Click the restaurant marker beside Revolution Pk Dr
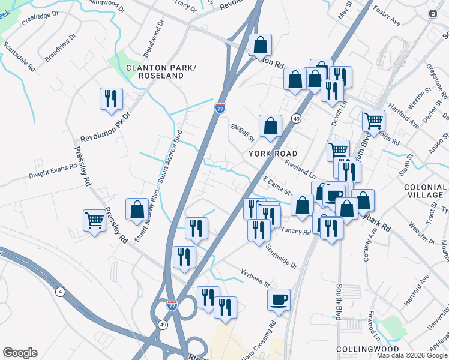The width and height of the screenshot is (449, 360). [x=111, y=98]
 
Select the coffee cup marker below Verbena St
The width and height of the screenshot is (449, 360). [x=279, y=299]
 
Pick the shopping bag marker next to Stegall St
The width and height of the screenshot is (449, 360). [x=271, y=126]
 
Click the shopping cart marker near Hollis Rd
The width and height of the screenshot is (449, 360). [x=374, y=121]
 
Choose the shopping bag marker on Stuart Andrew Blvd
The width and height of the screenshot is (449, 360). [x=137, y=209]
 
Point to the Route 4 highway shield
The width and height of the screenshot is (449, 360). [x=59, y=292]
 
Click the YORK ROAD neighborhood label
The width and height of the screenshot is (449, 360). [x=273, y=154]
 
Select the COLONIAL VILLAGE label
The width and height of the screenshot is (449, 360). [x=425, y=191]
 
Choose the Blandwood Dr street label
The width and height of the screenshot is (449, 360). [x=154, y=35]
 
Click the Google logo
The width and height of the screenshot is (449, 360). [x=20, y=353]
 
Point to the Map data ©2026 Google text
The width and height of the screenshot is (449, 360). [x=412, y=355]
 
